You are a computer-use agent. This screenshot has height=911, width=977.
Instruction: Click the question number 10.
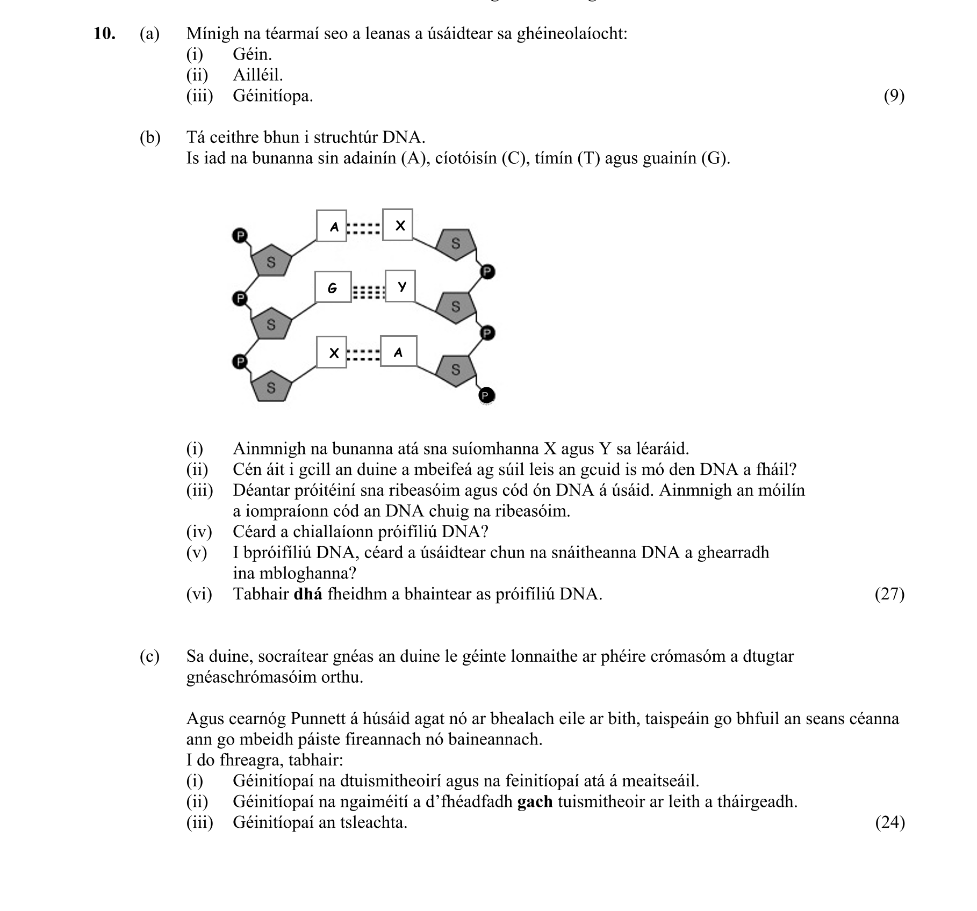104,33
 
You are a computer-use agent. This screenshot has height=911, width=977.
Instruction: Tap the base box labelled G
333,287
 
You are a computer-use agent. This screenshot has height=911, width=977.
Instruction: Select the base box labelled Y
400,286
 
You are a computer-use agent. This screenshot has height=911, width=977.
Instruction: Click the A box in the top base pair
332,226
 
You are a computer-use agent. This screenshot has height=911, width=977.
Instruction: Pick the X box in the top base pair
398,225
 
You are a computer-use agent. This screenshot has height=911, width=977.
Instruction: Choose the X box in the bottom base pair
332,352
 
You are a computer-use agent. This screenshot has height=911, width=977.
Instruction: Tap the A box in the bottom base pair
398,351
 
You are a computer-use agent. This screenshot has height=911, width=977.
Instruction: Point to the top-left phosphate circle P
240,235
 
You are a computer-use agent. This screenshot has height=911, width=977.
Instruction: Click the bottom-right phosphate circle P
486,396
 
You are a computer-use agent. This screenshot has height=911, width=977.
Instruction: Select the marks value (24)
890,822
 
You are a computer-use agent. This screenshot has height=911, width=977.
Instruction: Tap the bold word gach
535,801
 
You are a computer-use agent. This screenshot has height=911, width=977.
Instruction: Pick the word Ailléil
258,75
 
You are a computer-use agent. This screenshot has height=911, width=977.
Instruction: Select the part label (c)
149,656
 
